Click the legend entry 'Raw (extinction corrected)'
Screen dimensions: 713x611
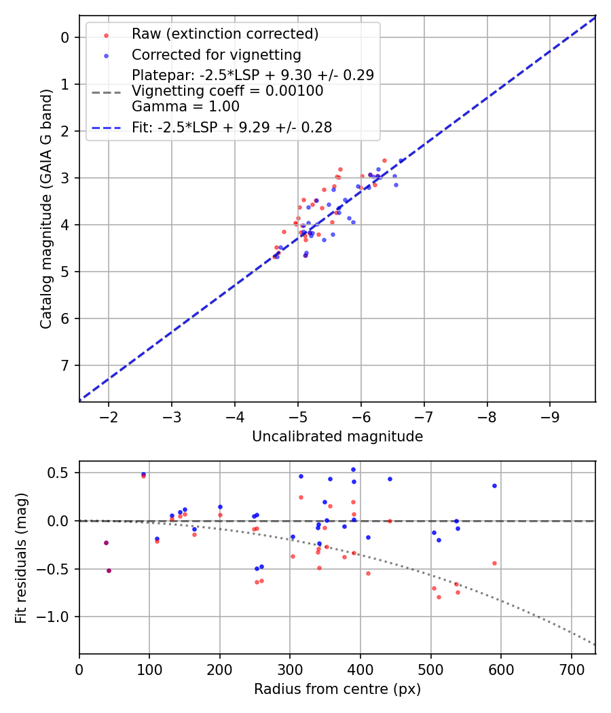(x=225, y=34)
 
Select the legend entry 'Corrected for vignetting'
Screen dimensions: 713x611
(x=217, y=54)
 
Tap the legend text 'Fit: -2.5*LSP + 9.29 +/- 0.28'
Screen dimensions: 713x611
(x=232, y=128)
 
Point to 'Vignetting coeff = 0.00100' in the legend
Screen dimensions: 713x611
(x=227, y=91)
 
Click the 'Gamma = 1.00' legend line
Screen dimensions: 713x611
(x=185, y=107)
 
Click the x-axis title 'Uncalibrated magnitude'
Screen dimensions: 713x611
(x=337, y=437)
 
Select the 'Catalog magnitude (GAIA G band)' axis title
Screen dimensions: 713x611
(x=46, y=208)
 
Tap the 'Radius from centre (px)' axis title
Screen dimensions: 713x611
(x=337, y=689)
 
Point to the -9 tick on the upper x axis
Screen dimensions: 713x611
(x=550, y=416)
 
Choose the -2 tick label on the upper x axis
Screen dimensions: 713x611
(x=109, y=416)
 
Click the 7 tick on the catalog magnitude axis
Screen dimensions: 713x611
(x=66, y=365)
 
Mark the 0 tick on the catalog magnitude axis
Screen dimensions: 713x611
(x=66, y=37)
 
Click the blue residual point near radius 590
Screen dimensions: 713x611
(x=494, y=486)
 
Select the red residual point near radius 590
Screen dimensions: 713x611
(x=494, y=563)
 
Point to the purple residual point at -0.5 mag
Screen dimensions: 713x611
(x=109, y=570)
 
